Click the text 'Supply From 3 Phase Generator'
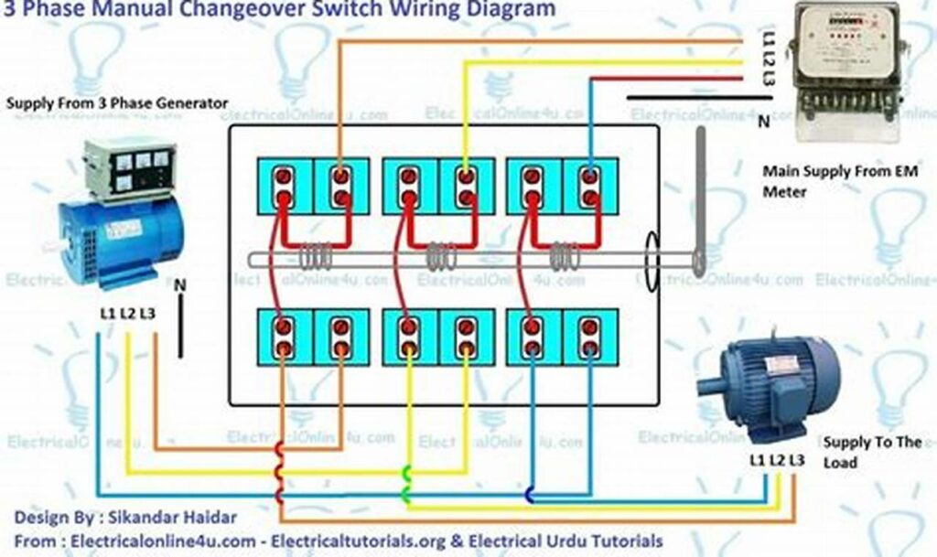pos(117,103)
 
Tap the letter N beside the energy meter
pos(763,123)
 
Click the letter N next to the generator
pos(179,284)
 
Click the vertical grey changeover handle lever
pos(700,201)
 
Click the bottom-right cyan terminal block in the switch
pos(590,337)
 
